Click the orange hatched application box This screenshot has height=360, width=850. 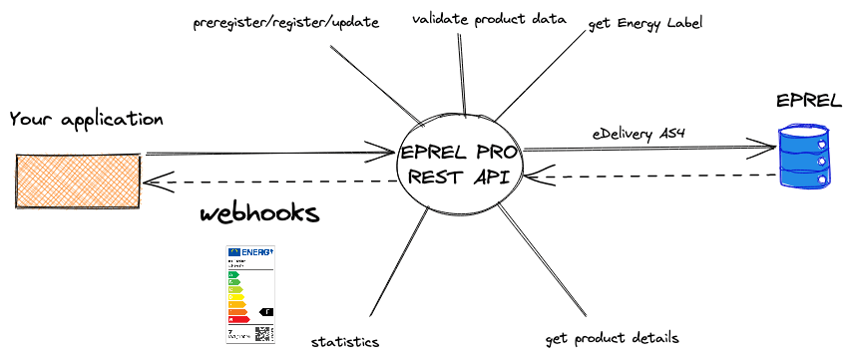tap(78, 180)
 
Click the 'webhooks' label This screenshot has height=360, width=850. tap(259, 214)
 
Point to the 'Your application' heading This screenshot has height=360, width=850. tap(86, 120)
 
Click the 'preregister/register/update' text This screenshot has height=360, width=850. tap(286, 22)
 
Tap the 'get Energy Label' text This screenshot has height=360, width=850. tap(645, 23)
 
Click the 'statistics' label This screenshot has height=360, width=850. tap(344, 342)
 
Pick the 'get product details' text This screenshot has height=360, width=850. tap(614, 337)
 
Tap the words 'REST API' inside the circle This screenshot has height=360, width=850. tap(456, 178)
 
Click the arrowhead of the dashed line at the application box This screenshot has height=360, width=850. tap(150, 181)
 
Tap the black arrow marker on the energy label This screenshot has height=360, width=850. tap(266, 312)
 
